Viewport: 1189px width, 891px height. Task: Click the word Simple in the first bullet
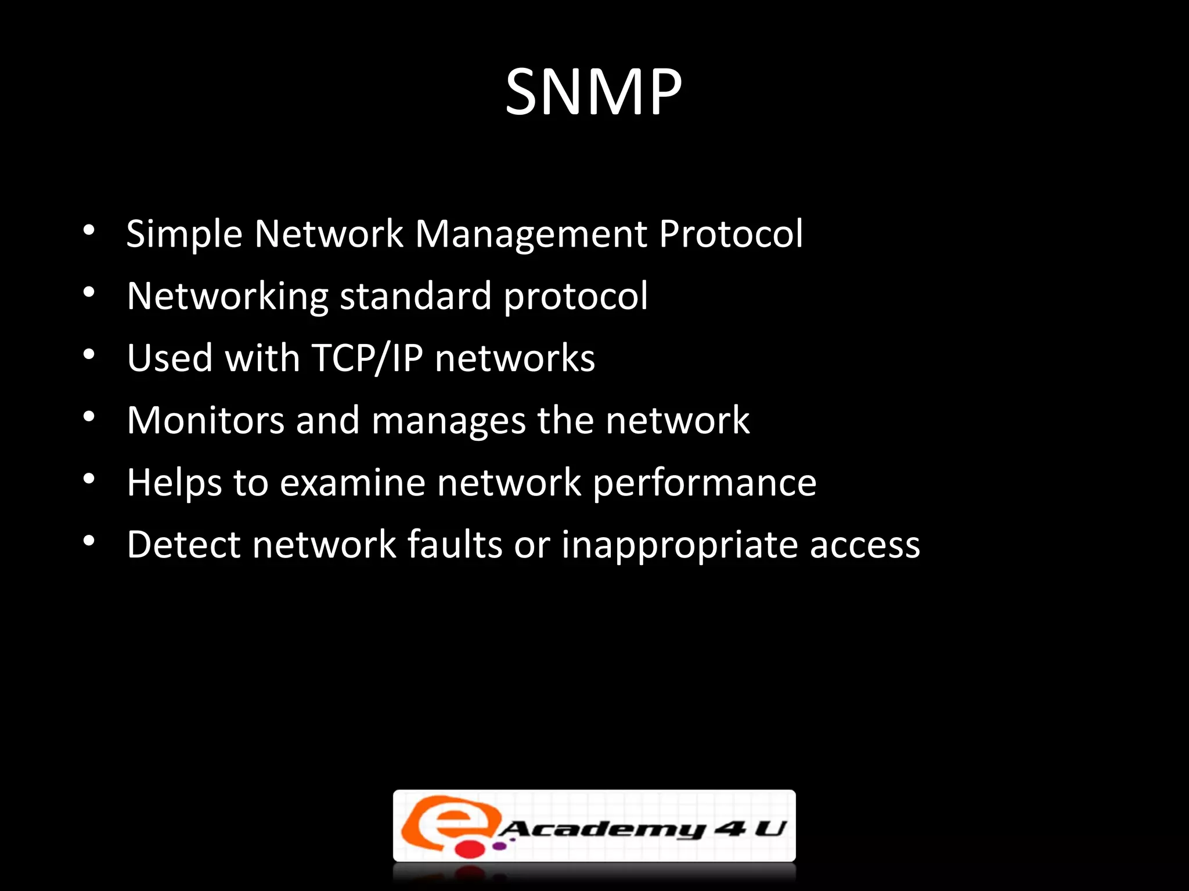[184, 234]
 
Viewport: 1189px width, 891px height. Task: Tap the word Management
[531, 234]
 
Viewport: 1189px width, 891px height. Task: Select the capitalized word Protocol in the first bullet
[731, 234]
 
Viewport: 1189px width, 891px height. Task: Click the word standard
[415, 296]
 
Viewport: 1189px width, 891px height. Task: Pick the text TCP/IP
[367, 358]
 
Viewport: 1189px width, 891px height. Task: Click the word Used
[170, 358]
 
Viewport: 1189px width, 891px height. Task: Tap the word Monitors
[206, 420]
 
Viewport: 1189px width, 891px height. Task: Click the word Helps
[174, 483]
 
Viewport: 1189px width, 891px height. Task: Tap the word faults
[455, 545]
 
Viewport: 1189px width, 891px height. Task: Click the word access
[864, 545]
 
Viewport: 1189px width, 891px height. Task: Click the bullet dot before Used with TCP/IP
[88, 354]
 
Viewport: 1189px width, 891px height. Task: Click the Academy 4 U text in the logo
[642, 829]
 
